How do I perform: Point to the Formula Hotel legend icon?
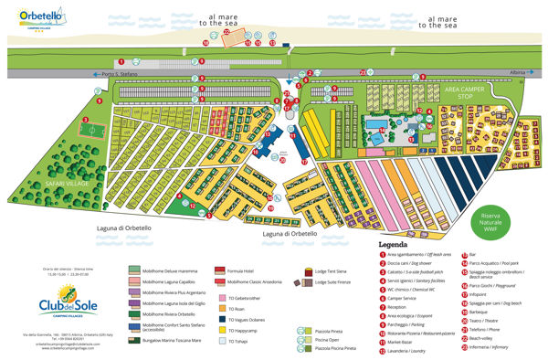pos(220,271)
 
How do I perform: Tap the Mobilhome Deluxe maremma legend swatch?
pos(133,271)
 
